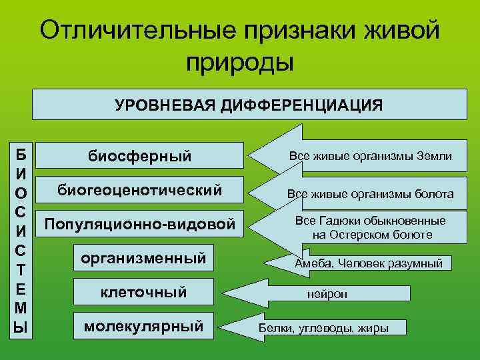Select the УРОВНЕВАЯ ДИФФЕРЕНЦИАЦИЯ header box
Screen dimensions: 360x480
[x=249, y=105]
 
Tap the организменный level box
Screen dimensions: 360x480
[x=143, y=258]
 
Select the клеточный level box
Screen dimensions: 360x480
[x=143, y=292]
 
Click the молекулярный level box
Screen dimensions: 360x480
[x=143, y=326]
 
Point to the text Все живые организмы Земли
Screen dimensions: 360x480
[x=370, y=156]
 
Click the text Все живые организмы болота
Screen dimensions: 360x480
[x=370, y=194]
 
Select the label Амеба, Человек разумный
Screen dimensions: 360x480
[x=369, y=263]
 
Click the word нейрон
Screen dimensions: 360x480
[x=327, y=294]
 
